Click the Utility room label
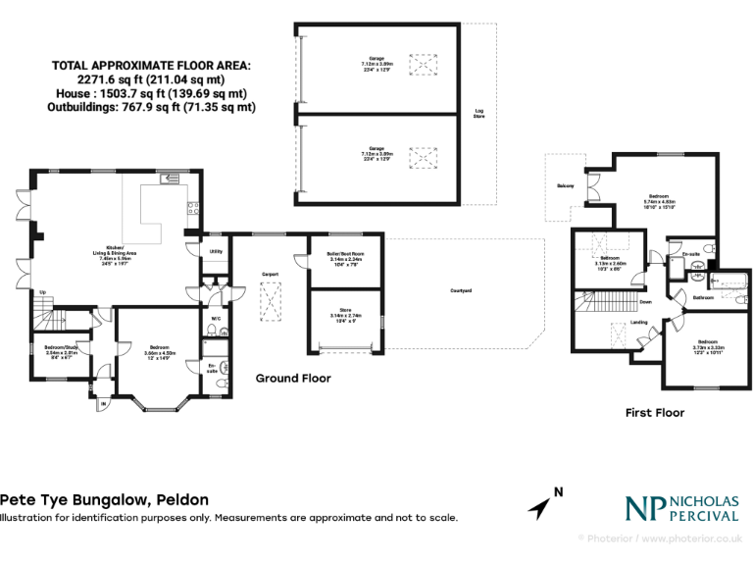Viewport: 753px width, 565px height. coord(216,251)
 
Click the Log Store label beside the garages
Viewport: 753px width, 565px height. coord(479,114)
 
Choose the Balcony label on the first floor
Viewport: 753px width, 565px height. coord(565,185)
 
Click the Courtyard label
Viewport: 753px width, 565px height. coord(461,291)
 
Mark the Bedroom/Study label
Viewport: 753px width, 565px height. coord(62,347)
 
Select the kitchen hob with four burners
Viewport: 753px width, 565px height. coord(193,208)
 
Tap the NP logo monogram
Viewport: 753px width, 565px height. coord(644,507)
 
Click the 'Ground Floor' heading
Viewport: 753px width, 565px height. coord(293,378)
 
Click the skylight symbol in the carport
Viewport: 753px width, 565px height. coord(271,300)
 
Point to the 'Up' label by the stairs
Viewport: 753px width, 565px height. coord(42,291)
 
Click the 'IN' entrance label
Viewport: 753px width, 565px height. coord(104,403)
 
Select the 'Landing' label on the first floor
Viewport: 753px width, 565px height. coord(638,322)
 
